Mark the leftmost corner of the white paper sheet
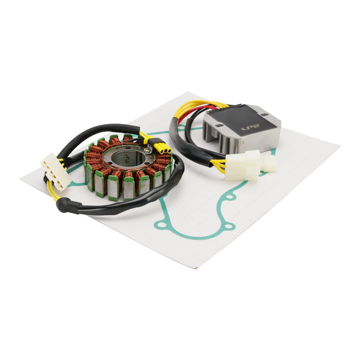click(21, 178)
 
